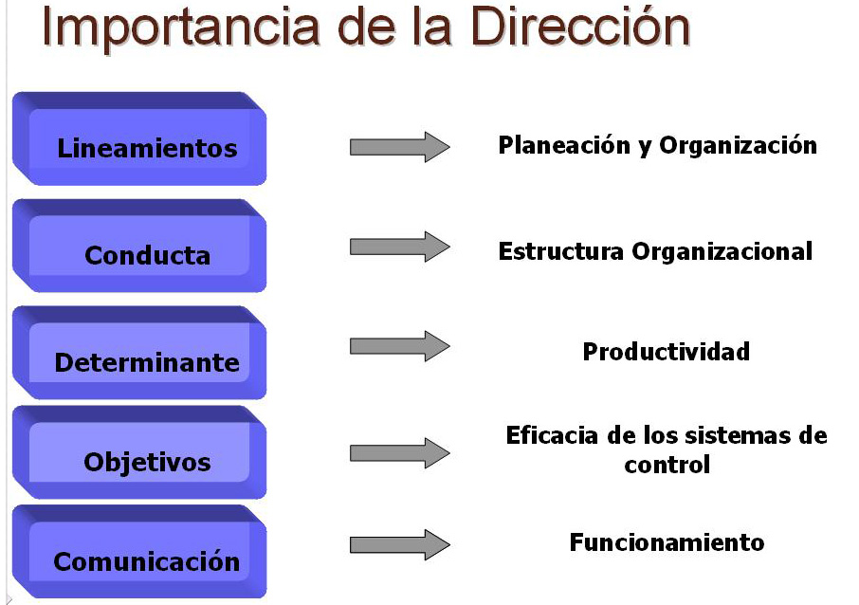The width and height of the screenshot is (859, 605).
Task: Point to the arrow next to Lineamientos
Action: [x=399, y=147]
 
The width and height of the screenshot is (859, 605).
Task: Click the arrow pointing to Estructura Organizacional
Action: [x=399, y=247]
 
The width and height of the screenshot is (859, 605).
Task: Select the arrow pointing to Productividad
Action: [x=399, y=346]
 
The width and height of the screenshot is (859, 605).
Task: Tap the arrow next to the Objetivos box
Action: [x=399, y=453]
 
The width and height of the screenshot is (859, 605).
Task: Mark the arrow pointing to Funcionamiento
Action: [x=399, y=544]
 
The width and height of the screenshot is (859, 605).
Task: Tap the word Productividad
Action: [x=666, y=352]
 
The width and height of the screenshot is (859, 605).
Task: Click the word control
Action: [x=667, y=466]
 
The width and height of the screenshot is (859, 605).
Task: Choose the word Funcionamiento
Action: [x=666, y=543]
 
